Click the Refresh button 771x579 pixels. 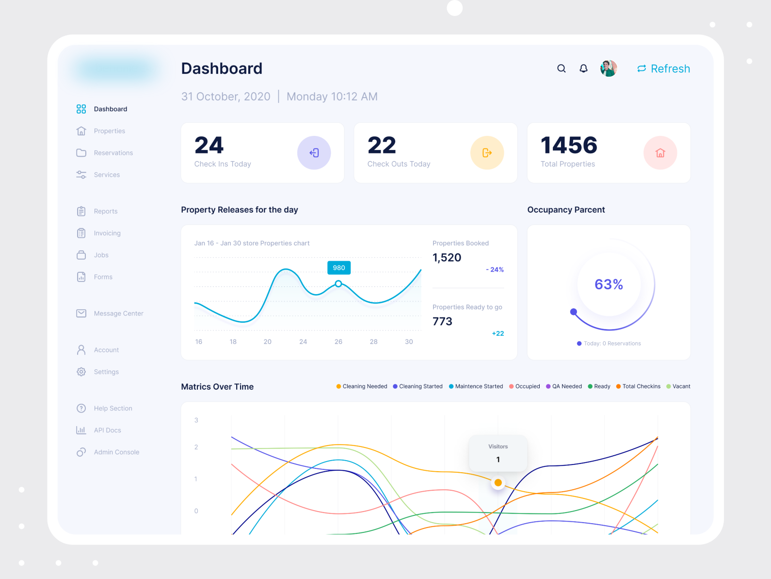tap(663, 69)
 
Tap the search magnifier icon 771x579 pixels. tap(562, 68)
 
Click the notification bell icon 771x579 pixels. tap(584, 68)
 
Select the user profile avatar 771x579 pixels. tap(609, 68)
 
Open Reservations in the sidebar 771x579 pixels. tap(113, 153)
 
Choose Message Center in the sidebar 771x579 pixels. tap(118, 314)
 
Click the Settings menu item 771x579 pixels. tap(106, 372)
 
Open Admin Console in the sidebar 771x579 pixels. tap(116, 452)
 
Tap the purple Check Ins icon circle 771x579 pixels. tap(314, 153)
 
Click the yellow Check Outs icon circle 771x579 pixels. tap(487, 153)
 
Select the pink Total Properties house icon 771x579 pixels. tap(660, 153)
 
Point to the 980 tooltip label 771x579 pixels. tap(339, 268)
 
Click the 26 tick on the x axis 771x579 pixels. tap(338, 342)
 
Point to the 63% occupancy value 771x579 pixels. tap(609, 284)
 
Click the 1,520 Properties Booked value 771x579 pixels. tap(447, 258)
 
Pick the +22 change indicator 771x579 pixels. tap(498, 333)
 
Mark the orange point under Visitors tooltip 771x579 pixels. tap(498, 483)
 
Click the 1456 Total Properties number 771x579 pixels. tap(569, 145)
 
